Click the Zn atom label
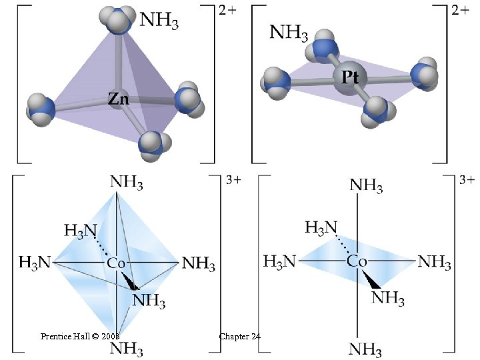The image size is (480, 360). click(119, 100)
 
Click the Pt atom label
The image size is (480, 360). click(350, 77)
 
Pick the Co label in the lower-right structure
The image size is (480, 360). click(357, 261)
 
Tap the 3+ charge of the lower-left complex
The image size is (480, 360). click(234, 181)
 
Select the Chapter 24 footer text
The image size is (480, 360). click(239, 337)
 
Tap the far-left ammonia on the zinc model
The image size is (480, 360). click(40, 108)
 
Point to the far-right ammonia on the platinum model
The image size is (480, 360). click(424, 73)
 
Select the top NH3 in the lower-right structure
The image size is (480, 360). click(367, 186)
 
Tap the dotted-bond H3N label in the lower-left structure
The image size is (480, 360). click(80, 231)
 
